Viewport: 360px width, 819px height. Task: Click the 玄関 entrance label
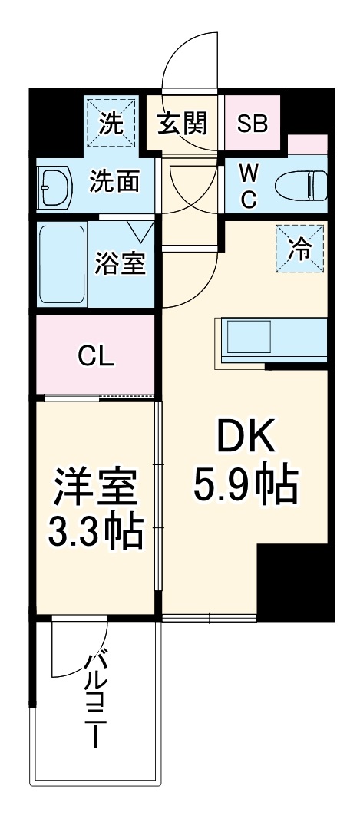pyautogui.click(x=185, y=124)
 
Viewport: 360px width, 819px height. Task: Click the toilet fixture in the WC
pyautogui.click(x=299, y=185)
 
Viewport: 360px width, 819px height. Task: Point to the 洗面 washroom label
pyautogui.click(x=114, y=182)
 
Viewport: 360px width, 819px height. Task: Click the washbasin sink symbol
pyautogui.click(x=54, y=184)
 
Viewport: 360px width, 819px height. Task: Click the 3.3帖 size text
pyautogui.click(x=95, y=530)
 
